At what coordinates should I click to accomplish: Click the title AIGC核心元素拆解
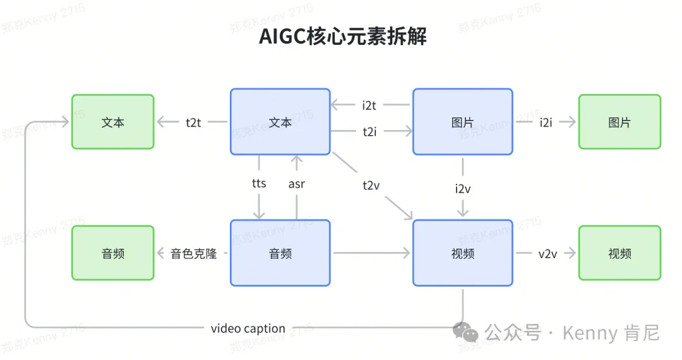(x=342, y=37)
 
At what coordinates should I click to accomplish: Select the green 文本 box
(x=112, y=122)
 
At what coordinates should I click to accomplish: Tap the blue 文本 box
(x=280, y=122)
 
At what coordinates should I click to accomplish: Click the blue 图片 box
(x=462, y=122)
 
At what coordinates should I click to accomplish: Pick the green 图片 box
(x=619, y=122)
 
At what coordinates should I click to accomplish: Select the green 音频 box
(x=112, y=253)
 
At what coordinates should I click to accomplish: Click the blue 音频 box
(x=280, y=253)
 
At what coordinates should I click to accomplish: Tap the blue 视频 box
(x=462, y=253)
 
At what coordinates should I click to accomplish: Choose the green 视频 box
(x=619, y=253)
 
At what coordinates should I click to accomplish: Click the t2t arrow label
(x=193, y=123)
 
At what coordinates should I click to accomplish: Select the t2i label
(x=369, y=132)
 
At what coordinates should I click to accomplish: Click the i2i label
(x=546, y=123)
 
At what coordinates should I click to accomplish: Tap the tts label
(x=259, y=184)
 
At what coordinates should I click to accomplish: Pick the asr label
(x=297, y=184)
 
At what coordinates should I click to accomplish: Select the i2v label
(x=463, y=188)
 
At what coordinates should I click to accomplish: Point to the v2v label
(x=547, y=254)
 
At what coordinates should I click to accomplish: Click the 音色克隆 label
(x=194, y=254)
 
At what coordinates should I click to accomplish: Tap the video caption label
(x=248, y=328)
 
